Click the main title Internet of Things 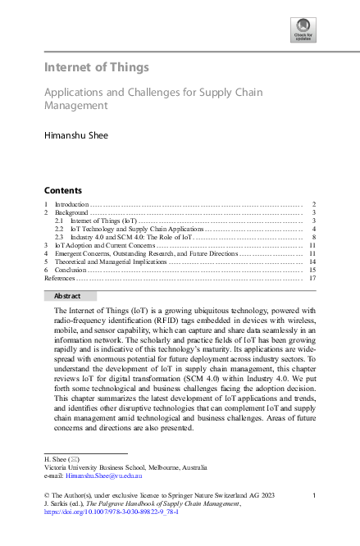point(97,66)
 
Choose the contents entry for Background point(71,212)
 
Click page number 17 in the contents point(312,278)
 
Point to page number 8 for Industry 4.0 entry point(314,237)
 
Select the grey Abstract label point(69,296)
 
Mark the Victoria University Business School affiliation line point(119,467)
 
